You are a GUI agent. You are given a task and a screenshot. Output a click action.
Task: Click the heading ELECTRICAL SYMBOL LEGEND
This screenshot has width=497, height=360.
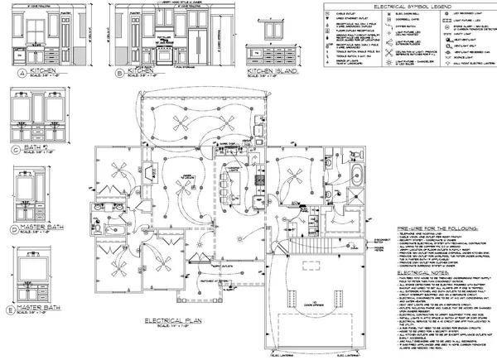[x=404, y=7]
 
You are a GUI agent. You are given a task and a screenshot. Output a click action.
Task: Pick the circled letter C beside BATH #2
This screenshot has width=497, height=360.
[x=16, y=149]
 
